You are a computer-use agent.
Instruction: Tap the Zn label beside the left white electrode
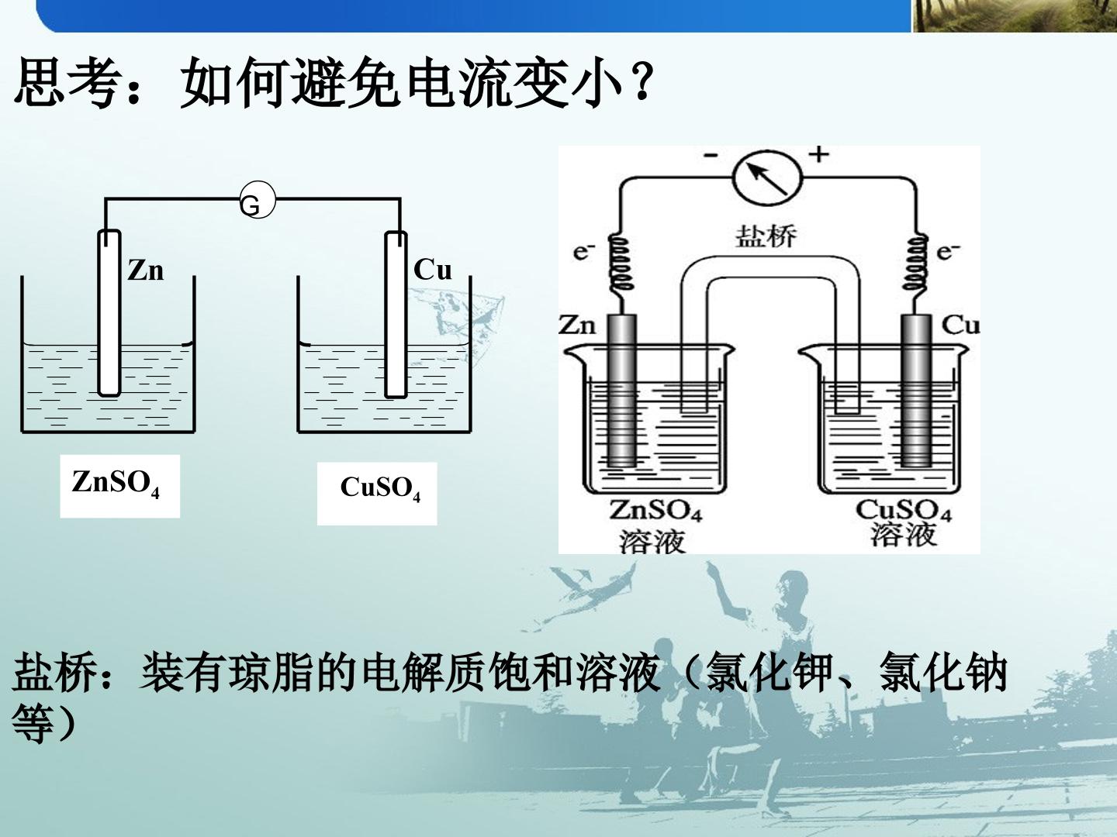coord(146,270)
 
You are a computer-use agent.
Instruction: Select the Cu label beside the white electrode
coord(433,270)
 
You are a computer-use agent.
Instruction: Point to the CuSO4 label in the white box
coord(381,489)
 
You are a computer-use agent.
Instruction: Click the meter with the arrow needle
coord(767,178)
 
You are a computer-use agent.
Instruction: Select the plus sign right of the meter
coord(819,153)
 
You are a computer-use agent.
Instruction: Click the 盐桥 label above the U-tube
coord(766,237)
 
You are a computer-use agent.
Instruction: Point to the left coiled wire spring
coord(621,263)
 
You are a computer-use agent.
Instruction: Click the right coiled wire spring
coord(915,263)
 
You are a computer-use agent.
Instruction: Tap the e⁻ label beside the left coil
coord(583,252)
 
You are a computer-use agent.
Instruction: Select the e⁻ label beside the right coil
coord(949,251)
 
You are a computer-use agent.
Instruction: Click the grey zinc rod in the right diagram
coord(621,391)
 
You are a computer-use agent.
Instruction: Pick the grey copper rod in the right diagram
coord(916,391)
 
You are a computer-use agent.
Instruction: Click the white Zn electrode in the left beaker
coord(109,313)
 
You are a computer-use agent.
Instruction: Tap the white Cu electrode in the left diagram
coord(396,315)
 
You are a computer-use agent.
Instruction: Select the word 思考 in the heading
coord(64,81)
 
